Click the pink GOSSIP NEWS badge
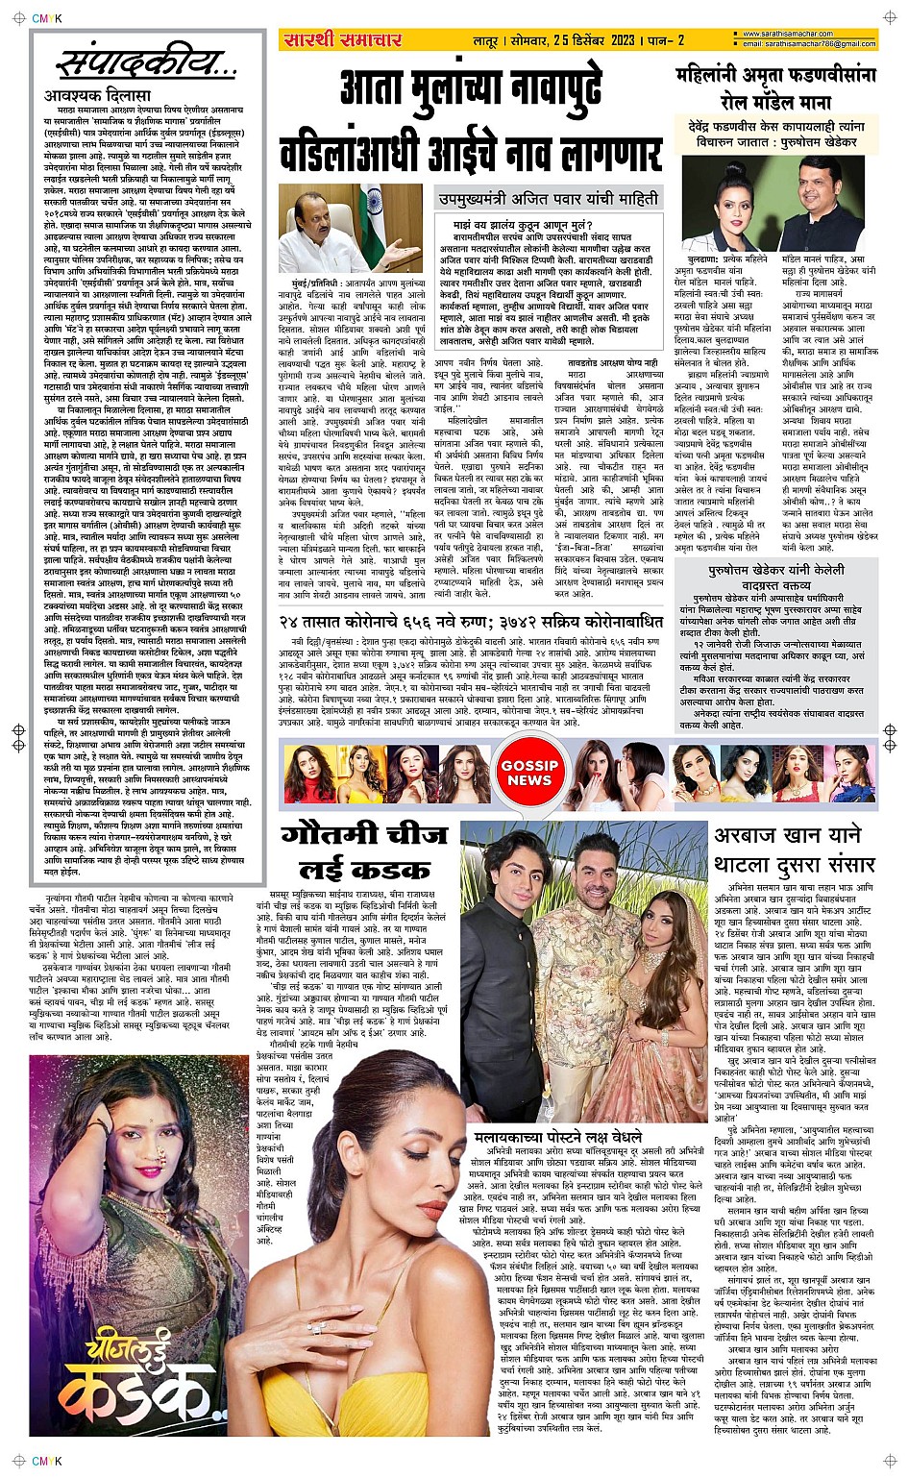529,773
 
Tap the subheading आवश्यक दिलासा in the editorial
97,96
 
